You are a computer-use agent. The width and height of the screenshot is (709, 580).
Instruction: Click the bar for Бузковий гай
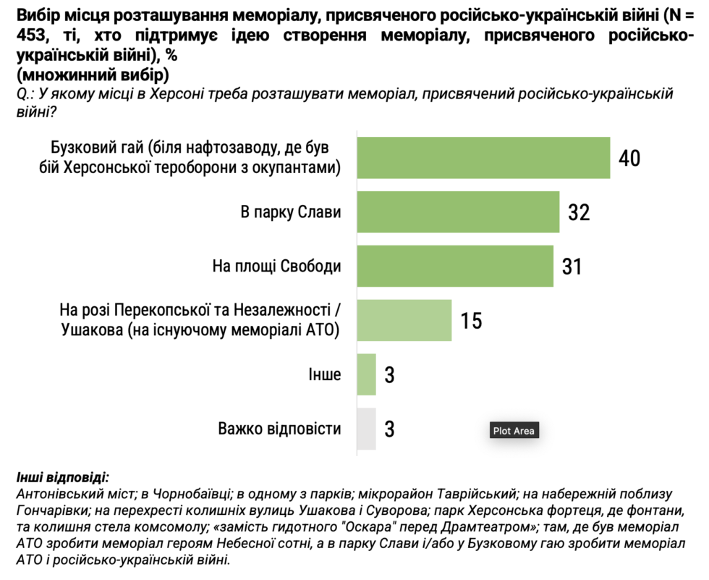[x=483, y=157]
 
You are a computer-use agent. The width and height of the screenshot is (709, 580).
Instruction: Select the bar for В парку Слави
[x=458, y=211]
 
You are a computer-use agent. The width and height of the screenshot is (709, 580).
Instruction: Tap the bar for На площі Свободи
[x=455, y=266]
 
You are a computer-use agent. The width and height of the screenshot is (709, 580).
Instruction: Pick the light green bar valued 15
[x=404, y=320]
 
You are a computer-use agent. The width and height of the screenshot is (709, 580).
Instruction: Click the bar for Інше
[x=367, y=374]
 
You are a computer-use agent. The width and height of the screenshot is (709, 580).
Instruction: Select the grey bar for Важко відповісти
[x=367, y=429]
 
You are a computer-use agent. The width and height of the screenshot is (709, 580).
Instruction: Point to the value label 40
[x=629, y=158]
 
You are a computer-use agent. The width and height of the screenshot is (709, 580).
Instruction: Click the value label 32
[x=578, y=212]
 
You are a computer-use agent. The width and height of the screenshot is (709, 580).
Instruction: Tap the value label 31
[x=572, y=266]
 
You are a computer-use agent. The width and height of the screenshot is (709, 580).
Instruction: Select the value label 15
[x=471, y=321]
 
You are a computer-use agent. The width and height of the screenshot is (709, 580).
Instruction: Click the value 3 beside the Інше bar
[x=389, y=375]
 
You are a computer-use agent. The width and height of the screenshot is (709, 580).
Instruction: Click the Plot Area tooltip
[x=514, y=431]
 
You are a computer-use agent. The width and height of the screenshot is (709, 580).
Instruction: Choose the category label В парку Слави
[x=290, y=212]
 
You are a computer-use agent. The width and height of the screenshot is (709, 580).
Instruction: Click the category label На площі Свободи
[x=276, y=266]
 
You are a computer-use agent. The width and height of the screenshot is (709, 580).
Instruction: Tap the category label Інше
[x=325, y=374]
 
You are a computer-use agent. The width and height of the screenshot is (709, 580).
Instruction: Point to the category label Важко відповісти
[x=279, y=429]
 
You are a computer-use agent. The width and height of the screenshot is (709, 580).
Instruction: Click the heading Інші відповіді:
[x=62, y=478]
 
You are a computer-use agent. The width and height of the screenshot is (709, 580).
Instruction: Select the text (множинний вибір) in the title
[x=92, y=75]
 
